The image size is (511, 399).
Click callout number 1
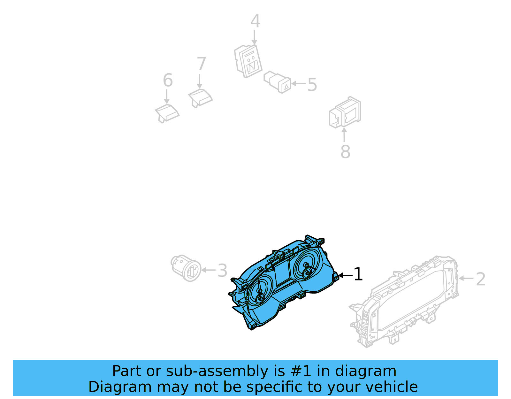point(358,274)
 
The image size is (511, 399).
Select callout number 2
point(481,279)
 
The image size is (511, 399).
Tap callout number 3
point(222,271)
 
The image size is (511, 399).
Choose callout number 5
point(312,85)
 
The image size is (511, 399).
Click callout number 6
point(168,80)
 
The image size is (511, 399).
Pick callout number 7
point(201,64)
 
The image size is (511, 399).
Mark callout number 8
point(345,152)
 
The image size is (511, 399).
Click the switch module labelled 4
point(248,61)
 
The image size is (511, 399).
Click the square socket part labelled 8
point(345,112)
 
